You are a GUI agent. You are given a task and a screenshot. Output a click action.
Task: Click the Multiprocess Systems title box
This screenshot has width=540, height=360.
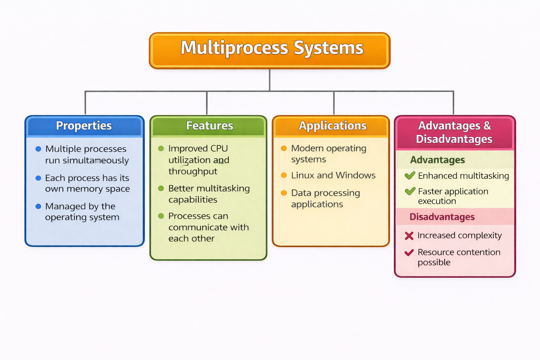270,50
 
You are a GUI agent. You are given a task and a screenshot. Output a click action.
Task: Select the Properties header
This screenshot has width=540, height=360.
84,126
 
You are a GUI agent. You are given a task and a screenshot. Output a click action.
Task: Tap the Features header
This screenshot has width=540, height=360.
209,126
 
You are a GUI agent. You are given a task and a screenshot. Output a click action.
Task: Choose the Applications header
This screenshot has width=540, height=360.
332,126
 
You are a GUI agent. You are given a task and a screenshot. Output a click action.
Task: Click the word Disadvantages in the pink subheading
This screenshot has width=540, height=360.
442,217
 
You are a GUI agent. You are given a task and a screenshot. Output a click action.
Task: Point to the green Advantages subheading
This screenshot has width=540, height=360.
437,160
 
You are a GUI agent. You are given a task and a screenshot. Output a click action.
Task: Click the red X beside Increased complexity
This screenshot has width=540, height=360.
409,236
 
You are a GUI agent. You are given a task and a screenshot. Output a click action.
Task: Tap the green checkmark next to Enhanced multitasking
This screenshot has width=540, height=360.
410,175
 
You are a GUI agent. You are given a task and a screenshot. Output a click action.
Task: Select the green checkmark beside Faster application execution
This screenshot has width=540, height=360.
410,191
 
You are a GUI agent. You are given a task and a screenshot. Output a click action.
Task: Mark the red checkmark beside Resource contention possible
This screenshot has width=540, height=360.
409,252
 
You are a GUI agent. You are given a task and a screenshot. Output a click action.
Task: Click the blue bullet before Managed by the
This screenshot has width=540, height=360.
38,206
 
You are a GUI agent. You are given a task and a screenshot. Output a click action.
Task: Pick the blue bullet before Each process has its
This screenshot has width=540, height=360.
38,178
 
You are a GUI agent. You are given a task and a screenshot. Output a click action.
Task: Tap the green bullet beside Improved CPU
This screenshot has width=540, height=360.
161,148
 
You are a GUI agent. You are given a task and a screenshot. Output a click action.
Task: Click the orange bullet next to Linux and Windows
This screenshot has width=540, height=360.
284,175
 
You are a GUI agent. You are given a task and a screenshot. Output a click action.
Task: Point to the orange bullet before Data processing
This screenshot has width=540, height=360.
284,193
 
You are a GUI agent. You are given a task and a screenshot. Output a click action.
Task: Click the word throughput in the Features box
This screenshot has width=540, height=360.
193,172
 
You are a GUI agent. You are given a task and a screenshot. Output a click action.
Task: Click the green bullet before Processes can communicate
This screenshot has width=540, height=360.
161,216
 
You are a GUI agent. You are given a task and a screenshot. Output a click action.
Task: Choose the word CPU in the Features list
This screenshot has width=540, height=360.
219,148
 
